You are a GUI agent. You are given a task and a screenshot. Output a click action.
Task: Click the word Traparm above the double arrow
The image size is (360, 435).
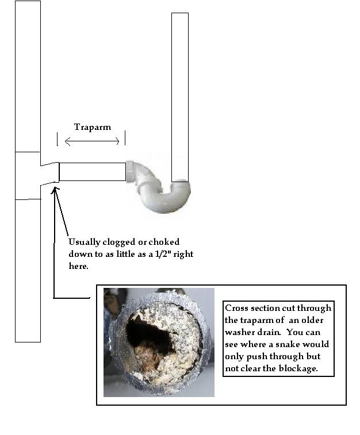tap(93, 127)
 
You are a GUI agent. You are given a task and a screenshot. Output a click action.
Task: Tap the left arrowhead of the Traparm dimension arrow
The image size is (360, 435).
tap(67, 141)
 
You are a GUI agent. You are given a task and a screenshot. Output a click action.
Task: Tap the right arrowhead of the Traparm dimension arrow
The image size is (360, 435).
tap(117, 141)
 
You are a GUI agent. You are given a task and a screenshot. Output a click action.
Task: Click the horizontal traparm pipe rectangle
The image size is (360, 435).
tap(93, 172)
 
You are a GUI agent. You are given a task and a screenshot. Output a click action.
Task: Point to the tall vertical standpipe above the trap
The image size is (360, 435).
tap(180, 97)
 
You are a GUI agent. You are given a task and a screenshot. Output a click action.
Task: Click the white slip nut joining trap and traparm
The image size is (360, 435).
tap(129, 171)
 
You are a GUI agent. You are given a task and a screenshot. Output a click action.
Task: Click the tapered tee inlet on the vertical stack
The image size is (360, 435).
tap(50, 174)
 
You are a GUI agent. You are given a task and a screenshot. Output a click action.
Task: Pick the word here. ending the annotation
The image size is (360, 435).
tap(78, 266)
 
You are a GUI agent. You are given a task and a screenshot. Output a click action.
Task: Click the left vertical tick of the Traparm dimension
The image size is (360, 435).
tap(58, 138)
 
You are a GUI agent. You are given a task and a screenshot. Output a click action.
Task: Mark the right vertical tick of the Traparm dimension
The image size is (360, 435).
tap(125, 138)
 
